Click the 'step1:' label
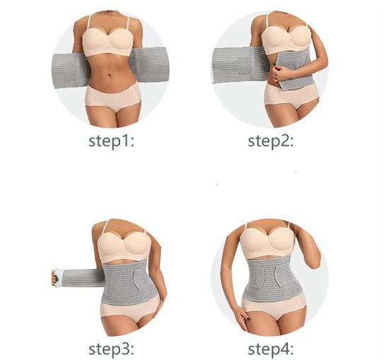[111, 140]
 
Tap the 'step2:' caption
[270, 140]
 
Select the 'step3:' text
[111, 348]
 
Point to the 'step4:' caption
[271, 348]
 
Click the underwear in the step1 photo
[112, 95]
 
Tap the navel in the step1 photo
[112, 71]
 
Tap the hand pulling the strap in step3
[54, 277]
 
